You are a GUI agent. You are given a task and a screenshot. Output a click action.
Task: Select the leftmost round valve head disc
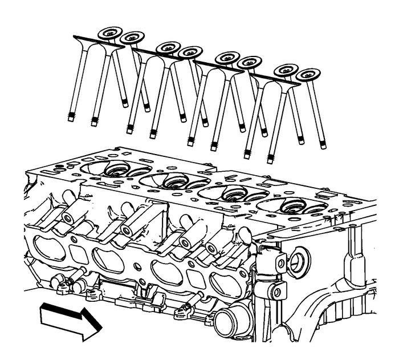[110, 34]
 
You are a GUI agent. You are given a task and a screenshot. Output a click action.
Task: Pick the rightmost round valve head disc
[308, 74]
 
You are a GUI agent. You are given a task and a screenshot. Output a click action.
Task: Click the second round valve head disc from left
[132, 38]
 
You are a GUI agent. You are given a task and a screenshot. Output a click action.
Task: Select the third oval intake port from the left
[166, 272]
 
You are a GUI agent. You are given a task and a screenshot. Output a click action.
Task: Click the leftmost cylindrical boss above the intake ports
[68, 219]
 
